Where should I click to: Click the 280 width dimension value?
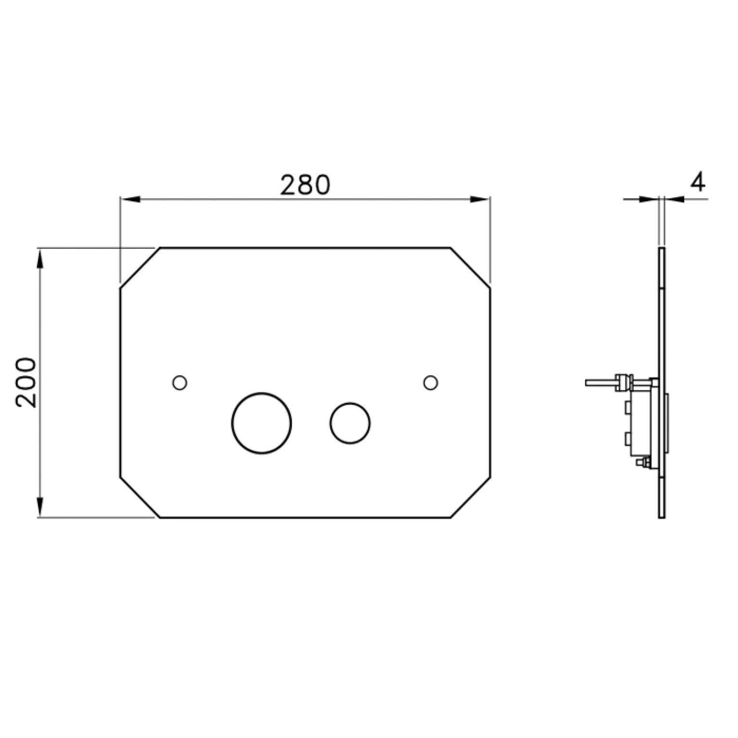[305, 185]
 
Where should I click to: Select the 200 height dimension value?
[26, 382]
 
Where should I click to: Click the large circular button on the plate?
[261, 423]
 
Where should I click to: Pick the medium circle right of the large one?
[350, 423]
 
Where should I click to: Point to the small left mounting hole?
[179, 383]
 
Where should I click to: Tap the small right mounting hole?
[431, 383]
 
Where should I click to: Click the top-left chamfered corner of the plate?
[140, 268]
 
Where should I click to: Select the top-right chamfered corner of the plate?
[471, 268]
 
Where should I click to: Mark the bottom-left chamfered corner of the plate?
[140, 498]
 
